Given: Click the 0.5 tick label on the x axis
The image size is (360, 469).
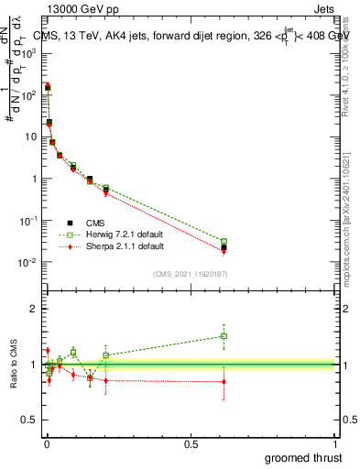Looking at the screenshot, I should (191, 444).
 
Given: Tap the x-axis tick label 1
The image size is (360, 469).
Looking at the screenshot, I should (336, 444).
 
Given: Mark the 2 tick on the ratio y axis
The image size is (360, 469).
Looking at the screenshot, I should (32, 309).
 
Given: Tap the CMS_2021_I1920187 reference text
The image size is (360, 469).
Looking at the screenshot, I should (190, 273).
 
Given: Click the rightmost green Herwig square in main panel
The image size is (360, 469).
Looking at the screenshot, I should (224, 242).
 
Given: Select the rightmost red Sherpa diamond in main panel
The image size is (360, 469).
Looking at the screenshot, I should (224, 249).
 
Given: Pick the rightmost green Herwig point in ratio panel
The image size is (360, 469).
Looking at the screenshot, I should (224, 336).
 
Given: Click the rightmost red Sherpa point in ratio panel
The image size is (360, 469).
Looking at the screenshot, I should (224, 381).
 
